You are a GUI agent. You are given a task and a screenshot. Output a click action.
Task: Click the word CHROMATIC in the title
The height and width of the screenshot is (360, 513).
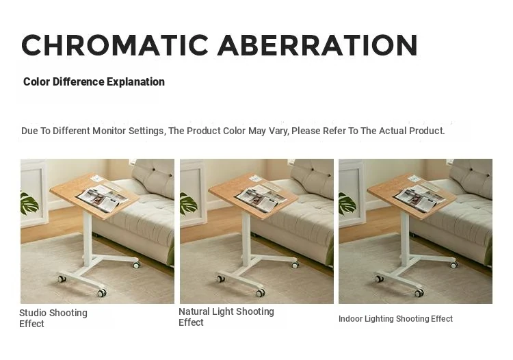[x=115, y=45]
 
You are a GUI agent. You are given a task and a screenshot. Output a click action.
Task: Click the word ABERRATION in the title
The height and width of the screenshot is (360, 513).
[x=317, y=45]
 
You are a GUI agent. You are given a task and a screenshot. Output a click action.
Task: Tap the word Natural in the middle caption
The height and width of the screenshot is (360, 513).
[x=194, y=311]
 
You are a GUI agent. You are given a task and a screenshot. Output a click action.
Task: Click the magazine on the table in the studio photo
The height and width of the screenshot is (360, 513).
[x=103, y=198]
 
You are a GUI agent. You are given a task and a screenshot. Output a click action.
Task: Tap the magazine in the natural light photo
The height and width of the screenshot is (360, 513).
[x=261, y=198]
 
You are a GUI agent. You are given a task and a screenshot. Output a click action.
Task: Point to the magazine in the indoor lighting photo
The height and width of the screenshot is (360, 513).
[x=420, y=198]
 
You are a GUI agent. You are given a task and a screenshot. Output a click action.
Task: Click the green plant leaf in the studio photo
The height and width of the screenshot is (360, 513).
[x=29, y=203]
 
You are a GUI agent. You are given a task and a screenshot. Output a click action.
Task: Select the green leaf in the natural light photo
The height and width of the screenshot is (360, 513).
[x=188, y=203]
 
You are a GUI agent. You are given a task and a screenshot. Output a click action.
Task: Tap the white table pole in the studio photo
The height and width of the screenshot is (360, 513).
[x=88, y=238]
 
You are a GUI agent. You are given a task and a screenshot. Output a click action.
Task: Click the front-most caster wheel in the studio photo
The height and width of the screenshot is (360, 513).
[x=102, y=292]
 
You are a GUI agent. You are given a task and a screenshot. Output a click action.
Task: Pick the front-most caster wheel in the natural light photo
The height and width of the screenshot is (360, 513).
[x=261, y=292]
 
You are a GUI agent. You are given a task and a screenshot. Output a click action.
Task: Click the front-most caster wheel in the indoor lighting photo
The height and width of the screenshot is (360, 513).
[x=419, y=292]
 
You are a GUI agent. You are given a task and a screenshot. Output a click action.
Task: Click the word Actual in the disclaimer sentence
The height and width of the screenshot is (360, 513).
[x=393, y=131]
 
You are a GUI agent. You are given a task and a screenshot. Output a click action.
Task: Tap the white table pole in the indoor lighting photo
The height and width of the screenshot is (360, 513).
[x=405, y=238]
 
